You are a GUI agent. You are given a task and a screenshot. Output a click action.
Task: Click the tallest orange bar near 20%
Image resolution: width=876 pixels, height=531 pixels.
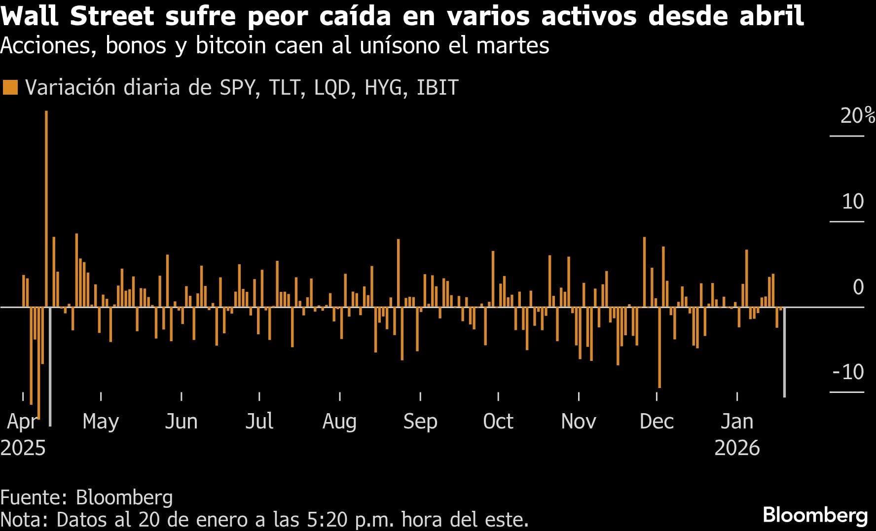click(46, 207)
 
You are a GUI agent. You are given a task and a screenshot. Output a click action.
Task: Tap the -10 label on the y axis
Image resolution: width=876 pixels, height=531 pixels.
click(848, 372)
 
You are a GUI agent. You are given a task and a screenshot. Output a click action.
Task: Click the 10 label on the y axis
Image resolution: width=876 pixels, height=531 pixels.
click(853, 202)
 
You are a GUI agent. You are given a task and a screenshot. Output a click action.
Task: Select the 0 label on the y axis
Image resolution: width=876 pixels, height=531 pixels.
click(858, 287)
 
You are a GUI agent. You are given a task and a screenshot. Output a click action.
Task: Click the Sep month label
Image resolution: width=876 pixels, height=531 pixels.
click(420, 422)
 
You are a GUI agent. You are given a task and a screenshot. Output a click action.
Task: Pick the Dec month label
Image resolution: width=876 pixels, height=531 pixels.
click(657, 422)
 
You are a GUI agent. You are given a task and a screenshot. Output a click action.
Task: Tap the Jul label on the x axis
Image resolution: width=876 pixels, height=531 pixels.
click(259, 422)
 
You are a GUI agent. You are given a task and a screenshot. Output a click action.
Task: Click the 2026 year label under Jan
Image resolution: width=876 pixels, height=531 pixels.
click(737, 448)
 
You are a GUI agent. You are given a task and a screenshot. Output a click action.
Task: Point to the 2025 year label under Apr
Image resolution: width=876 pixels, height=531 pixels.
click(23, 448)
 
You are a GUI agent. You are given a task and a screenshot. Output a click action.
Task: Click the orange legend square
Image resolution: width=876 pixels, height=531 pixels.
click(10, 87)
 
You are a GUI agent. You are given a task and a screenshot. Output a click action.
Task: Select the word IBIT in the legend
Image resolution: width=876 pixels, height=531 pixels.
click(438, 87)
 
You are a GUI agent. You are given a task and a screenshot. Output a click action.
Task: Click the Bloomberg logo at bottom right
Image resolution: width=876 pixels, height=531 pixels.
click(815, 515)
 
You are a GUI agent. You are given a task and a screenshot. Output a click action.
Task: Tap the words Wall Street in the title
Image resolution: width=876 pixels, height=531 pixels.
click(77, 16)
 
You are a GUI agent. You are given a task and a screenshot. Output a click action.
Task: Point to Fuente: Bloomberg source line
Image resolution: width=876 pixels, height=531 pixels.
click(87, 497)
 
